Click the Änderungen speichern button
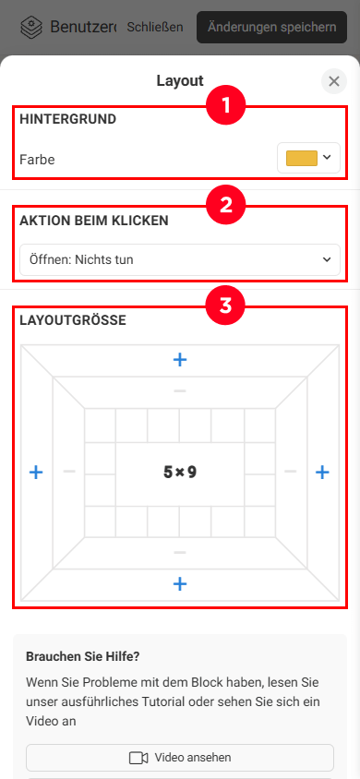[271, 27]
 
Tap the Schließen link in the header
[155, 27]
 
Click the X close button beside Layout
[334, 81]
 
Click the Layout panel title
[180, 80]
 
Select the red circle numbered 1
[226, 105]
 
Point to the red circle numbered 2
[226, 206]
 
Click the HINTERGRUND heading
[68, 119]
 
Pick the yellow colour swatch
[302, 158]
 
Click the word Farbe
[37, 160]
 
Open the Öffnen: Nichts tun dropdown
[180, 259]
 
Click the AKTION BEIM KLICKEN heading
[94, 221]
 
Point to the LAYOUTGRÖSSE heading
[73, 320]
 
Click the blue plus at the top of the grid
[180, 360]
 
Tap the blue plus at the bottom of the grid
[180, 583]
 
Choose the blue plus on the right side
[323, 472]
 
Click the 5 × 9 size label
[180, 472]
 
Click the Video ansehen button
[180, 758]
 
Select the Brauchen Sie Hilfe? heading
[83, 656]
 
